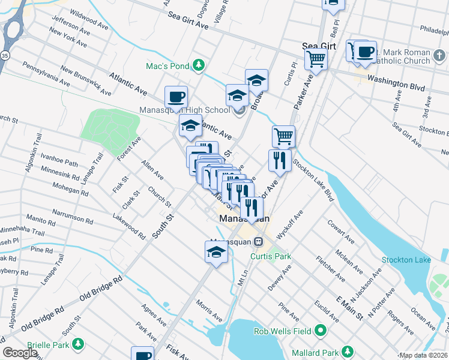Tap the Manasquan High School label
click(x=184, y=110)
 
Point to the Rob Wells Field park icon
click(x=321, y=329)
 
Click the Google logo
click(x=20, y=353)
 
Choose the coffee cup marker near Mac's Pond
click(x=176, y=97)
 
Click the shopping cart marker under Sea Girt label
click(x=316, y=59)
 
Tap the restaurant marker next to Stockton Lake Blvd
click(x=280, y=160)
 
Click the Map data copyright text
click(x=423, y=355)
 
